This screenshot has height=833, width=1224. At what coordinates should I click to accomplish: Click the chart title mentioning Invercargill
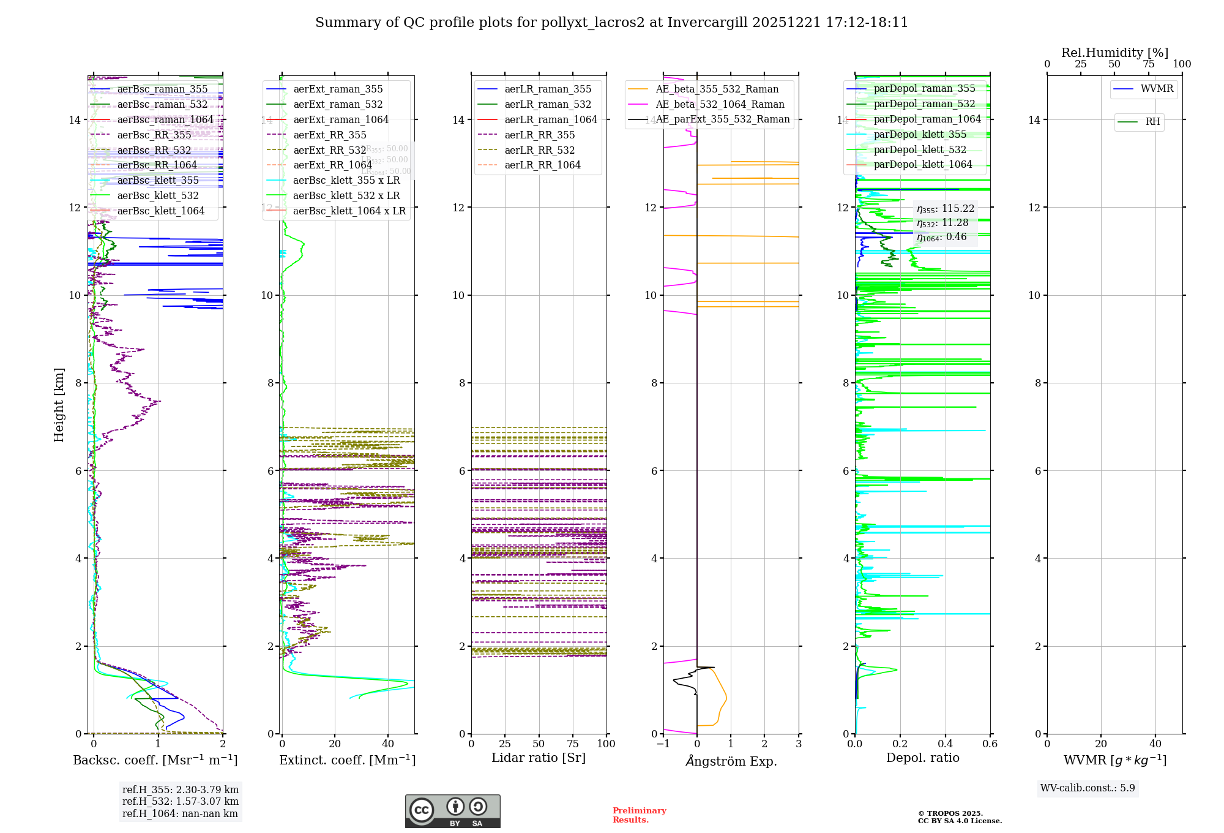pos(611,23)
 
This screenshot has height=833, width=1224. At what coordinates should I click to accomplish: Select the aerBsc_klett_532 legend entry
pos(158,196)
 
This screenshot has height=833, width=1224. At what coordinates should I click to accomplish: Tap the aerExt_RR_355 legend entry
pos(330,135)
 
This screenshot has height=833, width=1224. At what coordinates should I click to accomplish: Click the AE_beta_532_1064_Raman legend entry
pos(720,105)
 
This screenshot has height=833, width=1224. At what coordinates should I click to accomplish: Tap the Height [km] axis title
pos(59,405)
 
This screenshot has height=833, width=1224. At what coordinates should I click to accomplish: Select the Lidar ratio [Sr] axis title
pos(539,758)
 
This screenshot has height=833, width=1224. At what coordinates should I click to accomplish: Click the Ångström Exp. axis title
pos(731,761)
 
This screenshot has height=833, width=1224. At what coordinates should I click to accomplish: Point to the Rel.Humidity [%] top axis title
pos(1114,53)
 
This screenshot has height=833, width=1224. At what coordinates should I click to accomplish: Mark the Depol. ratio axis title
pos(922,758)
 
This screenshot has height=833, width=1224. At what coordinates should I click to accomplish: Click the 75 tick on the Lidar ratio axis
pos(573,744)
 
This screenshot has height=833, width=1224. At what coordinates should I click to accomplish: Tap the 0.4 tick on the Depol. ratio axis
pos(945,744)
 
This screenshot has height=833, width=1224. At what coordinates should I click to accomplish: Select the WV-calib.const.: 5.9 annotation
pos(1088,788)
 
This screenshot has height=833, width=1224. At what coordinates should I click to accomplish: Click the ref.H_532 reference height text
pos(181,802)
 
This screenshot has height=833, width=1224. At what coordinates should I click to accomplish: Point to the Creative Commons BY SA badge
pos(452,812)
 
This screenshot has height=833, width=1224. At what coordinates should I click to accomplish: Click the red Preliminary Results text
pos(639,815)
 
